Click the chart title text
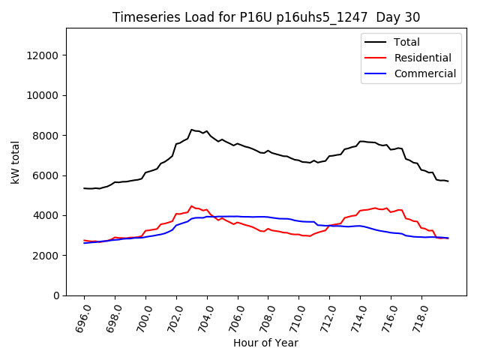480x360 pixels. (x=266, y=17)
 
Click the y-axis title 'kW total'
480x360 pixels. (x=16, y=162)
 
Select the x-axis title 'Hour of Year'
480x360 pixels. (x=265, y=343)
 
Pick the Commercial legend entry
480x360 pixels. (x=424, y=73)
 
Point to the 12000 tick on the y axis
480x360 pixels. (x=44, y=55)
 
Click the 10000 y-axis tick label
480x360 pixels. (x=44, y=95)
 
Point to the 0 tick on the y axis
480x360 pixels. (x=56, y=295)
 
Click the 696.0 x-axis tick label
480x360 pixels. (x=79, y=315)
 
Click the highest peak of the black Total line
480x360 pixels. (x=191, y=129)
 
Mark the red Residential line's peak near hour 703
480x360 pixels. (x=191, y=205)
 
